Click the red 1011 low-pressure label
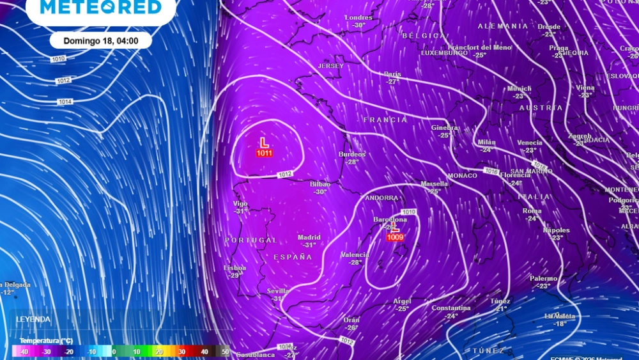(x=264, y=153)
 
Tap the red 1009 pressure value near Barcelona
(x=395, y=237)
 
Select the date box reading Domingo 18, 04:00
(x=101, y=40)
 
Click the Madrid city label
(x=309, y=237)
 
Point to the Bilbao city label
(x=319, y=184)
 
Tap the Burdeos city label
(x=352, y=154)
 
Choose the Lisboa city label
(x=235, y=268)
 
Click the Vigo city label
(x=240, y=203)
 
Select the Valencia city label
(x=355, y=254)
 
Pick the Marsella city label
(x=434, y=184)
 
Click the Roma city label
(x=532, y=211)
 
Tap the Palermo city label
(x=543, y=278)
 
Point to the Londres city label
(x=358, y=17)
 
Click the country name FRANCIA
(x=385, y=120)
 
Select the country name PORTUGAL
(x=250, y=240)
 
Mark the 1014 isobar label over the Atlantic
(x=65, y=102)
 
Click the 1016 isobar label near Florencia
(x=491, y=171)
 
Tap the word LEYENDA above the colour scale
(x=33, y=319)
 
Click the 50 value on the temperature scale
(x=225, y=351)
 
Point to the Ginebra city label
(x=444, y=127)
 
